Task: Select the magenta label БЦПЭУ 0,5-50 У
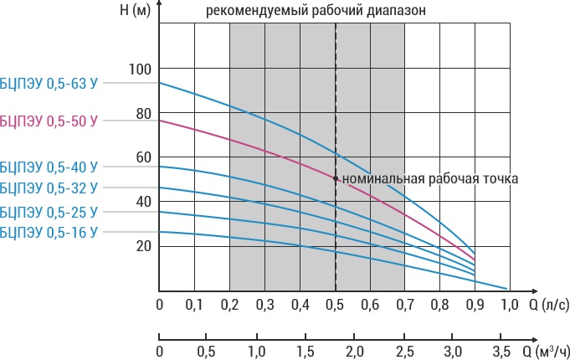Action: click(x=49, y=121)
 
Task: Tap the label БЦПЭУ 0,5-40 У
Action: click(x=49, y=167)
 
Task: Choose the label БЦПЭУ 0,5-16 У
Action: click(x=49, y=231)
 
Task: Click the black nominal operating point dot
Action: click(x=336, y=178)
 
